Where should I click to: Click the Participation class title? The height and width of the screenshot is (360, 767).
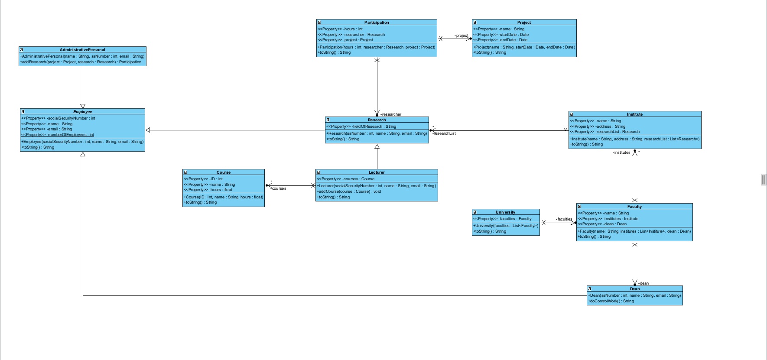[x=377, y=23]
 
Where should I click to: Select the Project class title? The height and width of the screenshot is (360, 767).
[x=524, y=23]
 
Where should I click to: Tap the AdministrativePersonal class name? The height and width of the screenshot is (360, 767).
[x=82, y=50]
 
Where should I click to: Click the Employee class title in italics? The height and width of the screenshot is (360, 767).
[x=82, y=112]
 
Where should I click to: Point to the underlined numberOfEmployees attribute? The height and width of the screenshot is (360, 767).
[x=58, y=135]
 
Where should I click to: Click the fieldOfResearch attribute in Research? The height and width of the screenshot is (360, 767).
[x=361, y=126]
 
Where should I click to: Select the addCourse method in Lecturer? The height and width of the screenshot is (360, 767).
[x=349, y=191]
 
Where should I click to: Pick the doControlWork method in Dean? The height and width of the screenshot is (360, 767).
[x=611, y=301]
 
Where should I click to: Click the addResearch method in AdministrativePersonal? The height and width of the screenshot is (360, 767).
[x=81, y=62]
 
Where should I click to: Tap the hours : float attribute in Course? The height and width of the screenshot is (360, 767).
[x=208, y=190]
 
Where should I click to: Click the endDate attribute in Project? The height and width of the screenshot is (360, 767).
[x=500, y=40]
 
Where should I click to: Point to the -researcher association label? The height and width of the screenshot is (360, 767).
[x=391, y=114]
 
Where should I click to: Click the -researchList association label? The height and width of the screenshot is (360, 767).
[x=445, y=133]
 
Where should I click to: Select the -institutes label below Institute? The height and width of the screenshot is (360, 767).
[x=622, y=152]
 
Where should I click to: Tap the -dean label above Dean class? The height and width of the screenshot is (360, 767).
[x=644, y=283]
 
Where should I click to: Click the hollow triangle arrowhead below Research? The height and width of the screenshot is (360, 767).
[x=377, y=147]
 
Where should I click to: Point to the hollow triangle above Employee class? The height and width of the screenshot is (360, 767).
[x=83, y=106]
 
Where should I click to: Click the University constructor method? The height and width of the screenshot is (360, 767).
[x=506, y=226]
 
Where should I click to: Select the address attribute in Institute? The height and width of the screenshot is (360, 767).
[x=598, y=126]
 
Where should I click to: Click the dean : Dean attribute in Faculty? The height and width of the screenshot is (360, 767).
[x=602, y=224]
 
